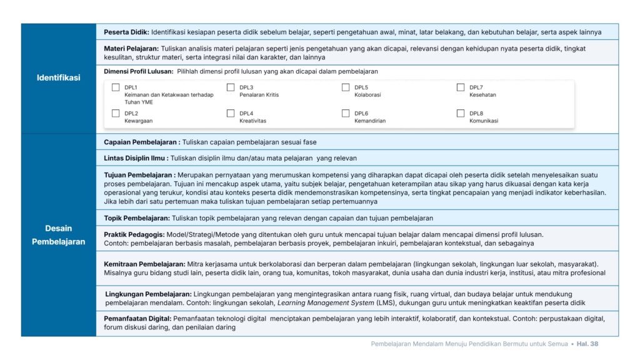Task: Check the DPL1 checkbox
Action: (x=116, y=87)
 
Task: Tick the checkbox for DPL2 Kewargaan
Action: (x=116, y=113)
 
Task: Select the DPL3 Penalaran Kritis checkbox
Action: (x=231, y=87)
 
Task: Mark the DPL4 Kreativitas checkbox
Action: (x=231, y=113)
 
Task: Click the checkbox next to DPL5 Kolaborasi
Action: (x=346, y=87)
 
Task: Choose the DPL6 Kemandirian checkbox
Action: (x=346, y=113)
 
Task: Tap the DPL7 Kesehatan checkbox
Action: (x=461, y=87)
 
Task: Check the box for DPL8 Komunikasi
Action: (x=461, y=113)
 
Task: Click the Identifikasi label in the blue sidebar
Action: (x=59, y=78)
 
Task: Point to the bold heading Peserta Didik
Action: (x=126, y=32)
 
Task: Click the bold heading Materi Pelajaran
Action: (x=131, y=48)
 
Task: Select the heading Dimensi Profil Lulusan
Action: (x=138, y=71)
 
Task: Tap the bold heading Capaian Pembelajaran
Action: (x=141, y=142)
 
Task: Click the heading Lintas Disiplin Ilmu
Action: (x=136, y=158)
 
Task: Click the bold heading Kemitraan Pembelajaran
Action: (x=144, y=264)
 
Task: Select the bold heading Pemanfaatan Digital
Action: (x=137, y=318)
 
